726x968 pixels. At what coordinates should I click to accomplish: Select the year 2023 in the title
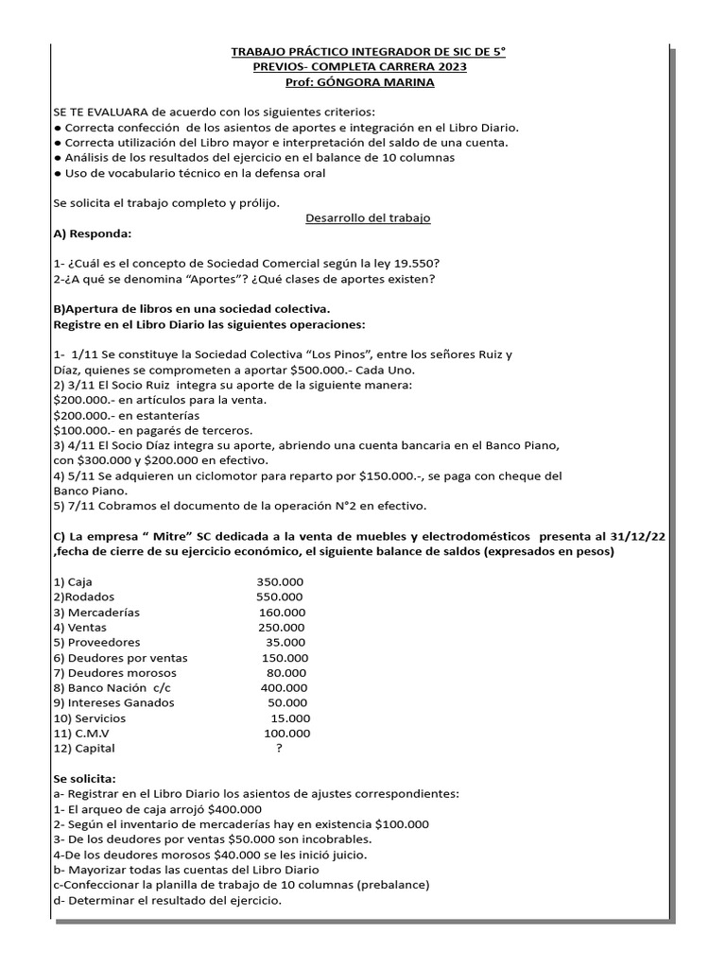(x=444, y=66)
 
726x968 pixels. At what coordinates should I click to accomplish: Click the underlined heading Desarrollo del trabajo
(x=368, y=217)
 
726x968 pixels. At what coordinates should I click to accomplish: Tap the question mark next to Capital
(x=279, y=748)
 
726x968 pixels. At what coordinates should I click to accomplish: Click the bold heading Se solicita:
(x=85, y=778)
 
